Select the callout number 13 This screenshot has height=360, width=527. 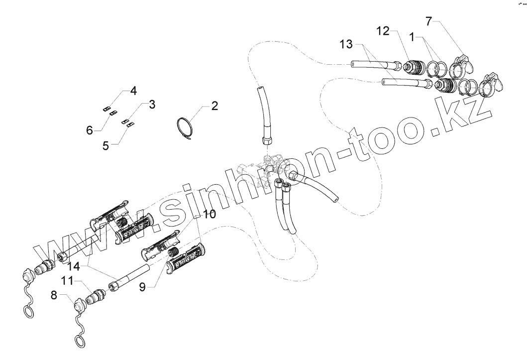point(347,45)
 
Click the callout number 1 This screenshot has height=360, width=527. point(412,36)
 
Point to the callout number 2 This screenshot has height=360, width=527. point(214,106)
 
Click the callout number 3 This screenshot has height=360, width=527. point(152,105)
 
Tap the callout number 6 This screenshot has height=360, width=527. point(90,130)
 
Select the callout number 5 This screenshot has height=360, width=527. point(105,145)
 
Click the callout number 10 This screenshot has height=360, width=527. point(210,215)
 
